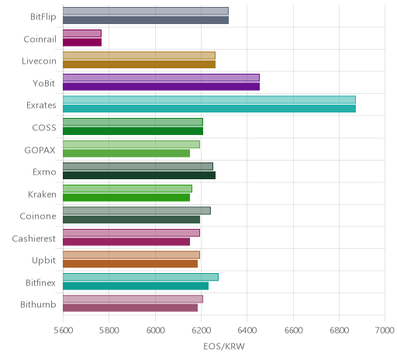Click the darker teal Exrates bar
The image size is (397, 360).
209,109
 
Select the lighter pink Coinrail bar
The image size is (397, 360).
82,33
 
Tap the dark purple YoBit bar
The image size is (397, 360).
161,87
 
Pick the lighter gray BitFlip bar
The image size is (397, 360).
146,11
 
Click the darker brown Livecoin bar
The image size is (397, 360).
139,64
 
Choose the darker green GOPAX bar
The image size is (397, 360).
126,153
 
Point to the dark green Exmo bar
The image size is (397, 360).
139,175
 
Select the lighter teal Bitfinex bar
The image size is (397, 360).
140,277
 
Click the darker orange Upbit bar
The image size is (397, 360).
130,264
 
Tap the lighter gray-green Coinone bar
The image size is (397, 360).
136,210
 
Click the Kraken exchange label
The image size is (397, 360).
42,194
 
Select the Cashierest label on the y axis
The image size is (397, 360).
34,238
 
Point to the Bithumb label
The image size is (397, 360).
38,304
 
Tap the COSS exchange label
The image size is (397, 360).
44,128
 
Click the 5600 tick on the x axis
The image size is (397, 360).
64,331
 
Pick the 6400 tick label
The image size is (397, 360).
247,331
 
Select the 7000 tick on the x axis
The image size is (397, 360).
385,331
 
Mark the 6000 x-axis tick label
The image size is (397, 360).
155,331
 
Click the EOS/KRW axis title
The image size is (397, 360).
224,347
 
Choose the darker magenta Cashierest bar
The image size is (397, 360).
126,242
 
